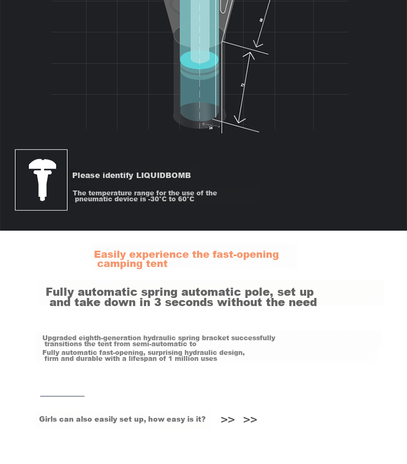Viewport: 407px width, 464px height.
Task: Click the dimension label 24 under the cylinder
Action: pyautogui.click(x=211, y=128)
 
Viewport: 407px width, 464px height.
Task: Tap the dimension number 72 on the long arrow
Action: pyautogui.click(x=243, y=85)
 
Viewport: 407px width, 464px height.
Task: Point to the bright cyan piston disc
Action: pyautogui.click(x=199, y=60)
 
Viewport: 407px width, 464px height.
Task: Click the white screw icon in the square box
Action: pyautogui.click(x=42, y=180)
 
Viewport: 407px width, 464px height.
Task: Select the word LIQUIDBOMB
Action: pyautogui.click(x=163, y=175)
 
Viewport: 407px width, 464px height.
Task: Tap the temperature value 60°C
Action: pyautogui.click(x=186, y=199)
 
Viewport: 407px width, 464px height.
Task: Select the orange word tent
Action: pyautogui.click(x=157, y=264)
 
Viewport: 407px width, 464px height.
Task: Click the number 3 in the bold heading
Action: pyautogui.click(x=157, y=302)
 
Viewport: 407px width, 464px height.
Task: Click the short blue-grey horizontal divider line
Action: pyautogui.click(x=62, y=396)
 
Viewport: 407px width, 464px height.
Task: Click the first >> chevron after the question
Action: pyautogui.click(x=227, y=419)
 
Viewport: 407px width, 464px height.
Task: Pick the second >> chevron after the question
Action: pyautogui.click(x=250, y=419)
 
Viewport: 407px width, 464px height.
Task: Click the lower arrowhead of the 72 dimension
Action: pyautogui.click(x=239, y=120)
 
